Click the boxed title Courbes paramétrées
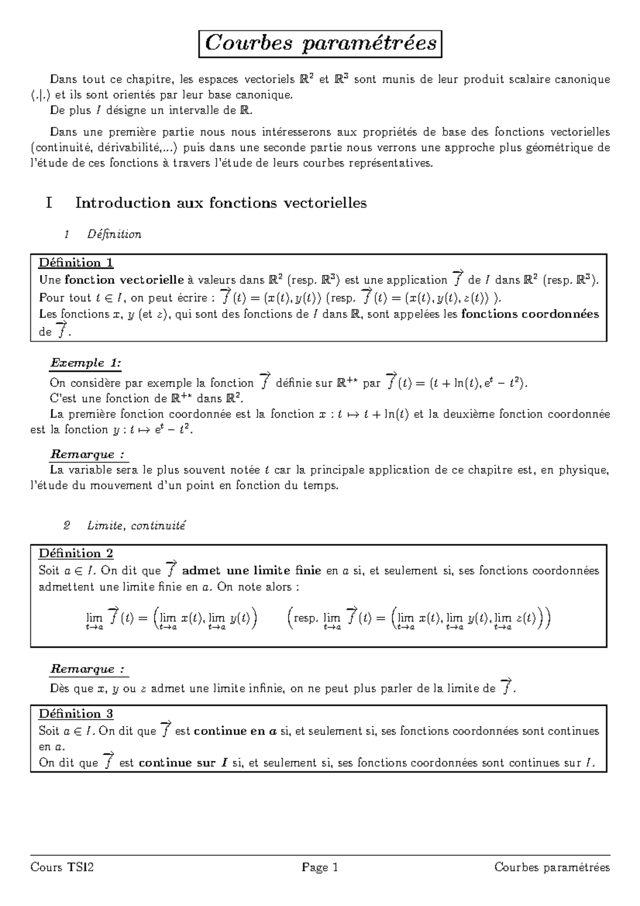tap(321, 44)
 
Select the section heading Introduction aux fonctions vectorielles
tap(221, 203)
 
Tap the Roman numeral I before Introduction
tap(49, 203)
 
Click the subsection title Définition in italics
tap(114, 234)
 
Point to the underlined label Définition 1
tap(76, 263)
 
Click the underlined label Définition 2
tap(76, 553)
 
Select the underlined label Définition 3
tap(76, 714)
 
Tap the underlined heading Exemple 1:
tap(85, 363)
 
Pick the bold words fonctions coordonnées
tap(530, 314)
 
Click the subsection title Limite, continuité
tap(136, 526)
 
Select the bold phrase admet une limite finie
tap(251, 571)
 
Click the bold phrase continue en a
tap(235, 732)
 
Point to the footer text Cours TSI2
tap(62, 868)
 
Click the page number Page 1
tap(320, 868)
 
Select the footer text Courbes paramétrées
tap(552, 868)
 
